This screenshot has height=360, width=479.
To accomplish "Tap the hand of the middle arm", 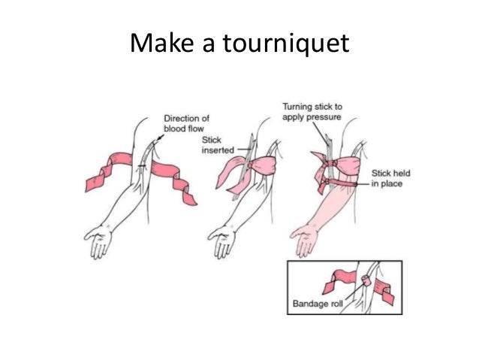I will (x=222, y=242).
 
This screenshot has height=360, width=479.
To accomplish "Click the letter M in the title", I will (x=140, y=44).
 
